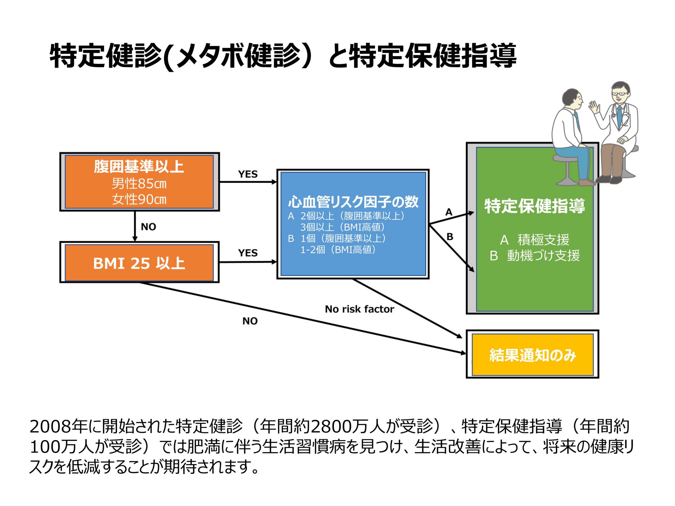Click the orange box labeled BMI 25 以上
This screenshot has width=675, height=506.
[x=139, y=263]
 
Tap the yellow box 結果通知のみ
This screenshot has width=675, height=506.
[x=532, y=355]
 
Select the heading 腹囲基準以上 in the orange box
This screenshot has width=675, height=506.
[x=139, y=166]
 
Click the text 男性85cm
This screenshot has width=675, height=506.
[x=139, y=183]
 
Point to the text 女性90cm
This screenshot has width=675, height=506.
[x=139, y=199]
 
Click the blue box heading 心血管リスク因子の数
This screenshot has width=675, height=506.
[x=353, y=202]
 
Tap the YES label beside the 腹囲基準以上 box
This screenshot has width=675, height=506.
[x=248, y=174]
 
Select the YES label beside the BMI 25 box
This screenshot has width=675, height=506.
[x=248, y=253]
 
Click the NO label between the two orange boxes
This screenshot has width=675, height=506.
[x=148, y=227]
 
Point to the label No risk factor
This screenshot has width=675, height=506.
[x=359, y=309]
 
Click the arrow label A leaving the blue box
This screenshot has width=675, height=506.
[x=449, y=212]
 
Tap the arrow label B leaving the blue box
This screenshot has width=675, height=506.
[x=450, y=237]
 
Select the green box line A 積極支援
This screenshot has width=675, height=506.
[x=534, y=239]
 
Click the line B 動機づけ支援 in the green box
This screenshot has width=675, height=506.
[x=534, y=256]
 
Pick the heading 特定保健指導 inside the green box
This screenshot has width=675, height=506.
[x=534, y=206]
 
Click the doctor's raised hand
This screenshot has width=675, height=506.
[x=594, y=107]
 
